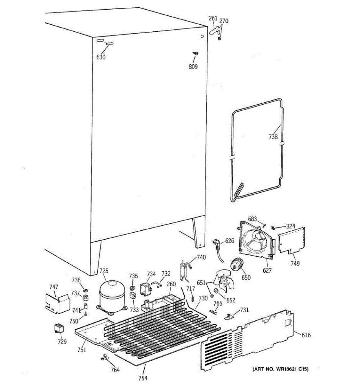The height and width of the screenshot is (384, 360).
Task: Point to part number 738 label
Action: [x=273, y=137]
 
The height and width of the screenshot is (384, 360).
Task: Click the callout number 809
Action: [x=193, y=67]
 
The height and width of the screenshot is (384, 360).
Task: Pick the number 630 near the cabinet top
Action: [x=101, y=57]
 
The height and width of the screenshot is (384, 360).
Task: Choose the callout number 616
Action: [x=306, y=335]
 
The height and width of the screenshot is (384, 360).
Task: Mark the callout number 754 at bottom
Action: [x=143, y=378]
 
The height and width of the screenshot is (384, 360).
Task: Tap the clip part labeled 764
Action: [x=104, y=357]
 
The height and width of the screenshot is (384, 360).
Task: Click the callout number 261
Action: [x=213, y=19]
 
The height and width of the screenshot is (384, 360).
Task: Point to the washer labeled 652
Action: [x=216, y=291]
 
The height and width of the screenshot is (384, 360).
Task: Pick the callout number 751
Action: [x=82, y=350]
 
